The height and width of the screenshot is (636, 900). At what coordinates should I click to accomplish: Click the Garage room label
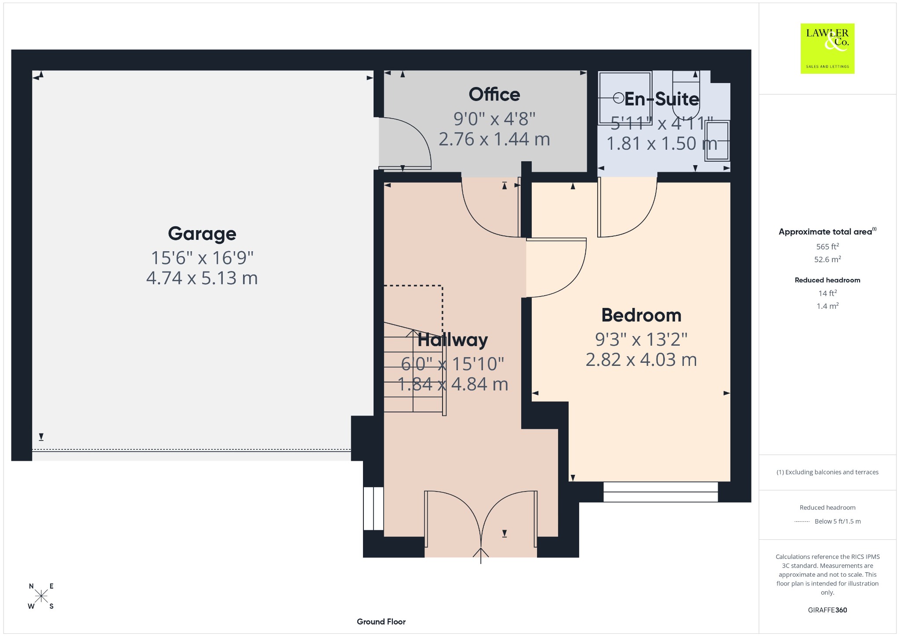click(x=202, y=234)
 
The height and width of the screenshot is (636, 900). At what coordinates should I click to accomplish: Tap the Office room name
click(x=494, y=94)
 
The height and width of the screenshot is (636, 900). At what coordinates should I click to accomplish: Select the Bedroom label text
click(x=641, y=315)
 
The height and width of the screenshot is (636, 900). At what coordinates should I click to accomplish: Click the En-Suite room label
click(x=661, y=99)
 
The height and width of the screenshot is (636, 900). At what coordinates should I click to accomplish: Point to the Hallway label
click(x=453, y=340)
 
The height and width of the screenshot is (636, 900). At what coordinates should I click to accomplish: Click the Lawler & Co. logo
click(x=827, y=48)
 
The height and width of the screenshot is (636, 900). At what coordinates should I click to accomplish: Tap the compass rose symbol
click(x=41, y=596)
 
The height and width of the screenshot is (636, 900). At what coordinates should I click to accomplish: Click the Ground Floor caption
click(x=381, y=622)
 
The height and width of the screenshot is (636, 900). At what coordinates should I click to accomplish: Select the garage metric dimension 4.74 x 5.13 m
click(x=202, y=278)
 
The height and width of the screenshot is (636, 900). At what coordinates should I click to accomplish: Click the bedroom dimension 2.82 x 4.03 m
click(x=641, y=360)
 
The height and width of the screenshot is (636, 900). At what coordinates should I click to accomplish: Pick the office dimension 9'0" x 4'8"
click(x=494, y=119)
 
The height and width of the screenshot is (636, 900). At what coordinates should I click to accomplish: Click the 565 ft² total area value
click(x=827, y=246)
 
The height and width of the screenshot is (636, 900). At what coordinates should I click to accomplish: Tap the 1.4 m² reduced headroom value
click(x=827, y=306)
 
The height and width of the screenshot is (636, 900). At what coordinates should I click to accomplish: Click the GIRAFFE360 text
click(x=827, y=610)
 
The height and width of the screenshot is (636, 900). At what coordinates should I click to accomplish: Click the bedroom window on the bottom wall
click(x=660, y=492)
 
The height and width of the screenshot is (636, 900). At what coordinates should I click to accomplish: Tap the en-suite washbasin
click(x=717, y=141)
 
